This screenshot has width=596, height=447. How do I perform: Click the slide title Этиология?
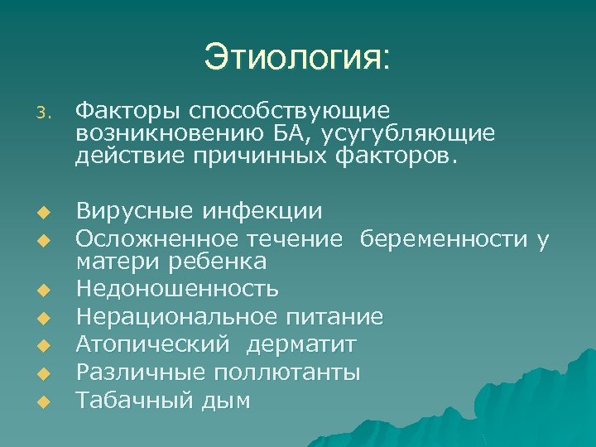(x=297, y=59)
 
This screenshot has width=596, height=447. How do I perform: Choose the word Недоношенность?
(x=177, y=290)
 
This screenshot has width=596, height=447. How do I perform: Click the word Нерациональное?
(x=176, y=316)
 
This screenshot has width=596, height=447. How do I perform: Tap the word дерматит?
(x=305, y=344)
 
